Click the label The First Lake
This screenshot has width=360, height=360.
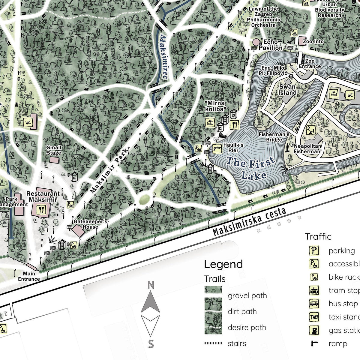pos(250,168)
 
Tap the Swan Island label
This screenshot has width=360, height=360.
pos(287,90)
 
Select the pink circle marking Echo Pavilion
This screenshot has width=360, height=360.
pos(256,42)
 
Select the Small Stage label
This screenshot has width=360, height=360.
pos(54,150)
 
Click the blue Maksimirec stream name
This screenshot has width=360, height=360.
pos(164,57)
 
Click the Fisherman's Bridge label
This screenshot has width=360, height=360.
pos(274,137)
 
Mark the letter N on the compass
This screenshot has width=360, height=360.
pos(151,285)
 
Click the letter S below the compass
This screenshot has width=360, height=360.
pos(151,344)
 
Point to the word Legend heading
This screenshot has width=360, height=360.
pos(223,264)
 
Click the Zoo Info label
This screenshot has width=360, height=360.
pos(313,41)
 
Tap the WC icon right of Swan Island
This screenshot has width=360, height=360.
pos(350,95)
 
